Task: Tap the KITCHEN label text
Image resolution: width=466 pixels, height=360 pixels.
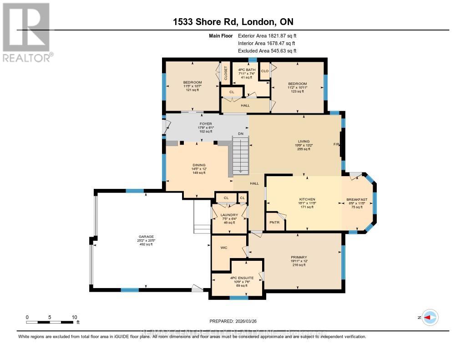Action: (x=307, y=199)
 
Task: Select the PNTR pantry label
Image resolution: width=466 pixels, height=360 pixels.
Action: (x=274, y=223)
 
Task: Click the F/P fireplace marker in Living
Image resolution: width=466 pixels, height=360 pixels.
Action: (x=336, y=144)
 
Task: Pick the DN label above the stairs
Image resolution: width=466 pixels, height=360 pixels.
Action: (x=241, y=133)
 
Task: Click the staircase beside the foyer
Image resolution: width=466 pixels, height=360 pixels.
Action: (x=241, y=156)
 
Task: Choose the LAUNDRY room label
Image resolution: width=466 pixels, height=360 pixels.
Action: (x=229, y=215)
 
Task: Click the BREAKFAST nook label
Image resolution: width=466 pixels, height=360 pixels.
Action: (x=357, y=199)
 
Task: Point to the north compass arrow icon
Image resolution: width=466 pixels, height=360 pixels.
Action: (x=429, y=317)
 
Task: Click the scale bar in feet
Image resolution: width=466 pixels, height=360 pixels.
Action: (x=50, y=322)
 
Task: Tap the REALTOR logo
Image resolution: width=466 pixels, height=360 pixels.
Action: (x=26, y=32)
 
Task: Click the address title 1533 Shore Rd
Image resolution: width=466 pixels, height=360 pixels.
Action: (x=233, y=22)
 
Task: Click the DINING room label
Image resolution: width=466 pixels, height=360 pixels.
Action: (x=199, y=165)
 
